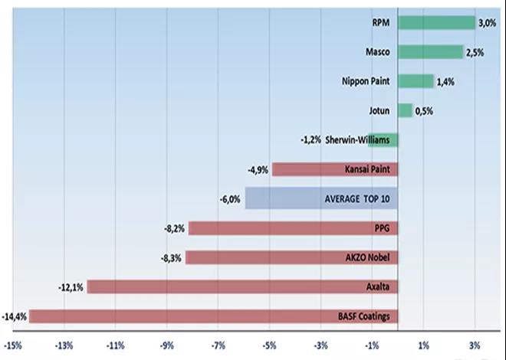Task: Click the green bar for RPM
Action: coord(436,23)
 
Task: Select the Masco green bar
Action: coord(430,52)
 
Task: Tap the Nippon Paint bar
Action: coord(416,81)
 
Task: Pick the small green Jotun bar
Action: coord(405,110)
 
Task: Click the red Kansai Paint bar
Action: coord(307,169)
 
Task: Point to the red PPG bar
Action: coord(276,228)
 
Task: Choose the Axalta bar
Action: coord(230,286)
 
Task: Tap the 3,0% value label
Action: coord(488,24)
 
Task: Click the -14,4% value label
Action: coord(15,316)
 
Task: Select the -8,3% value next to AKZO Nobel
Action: coord(171,258)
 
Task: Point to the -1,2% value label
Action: coord(312,140)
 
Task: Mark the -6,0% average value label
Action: coord(231,199)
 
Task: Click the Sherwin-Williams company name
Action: coord(358,140)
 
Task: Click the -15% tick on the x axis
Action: coord(13,345)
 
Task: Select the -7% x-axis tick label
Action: coord(218,345)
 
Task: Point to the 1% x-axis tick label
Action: coord(424,345)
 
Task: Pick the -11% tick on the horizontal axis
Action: coord(116,345)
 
